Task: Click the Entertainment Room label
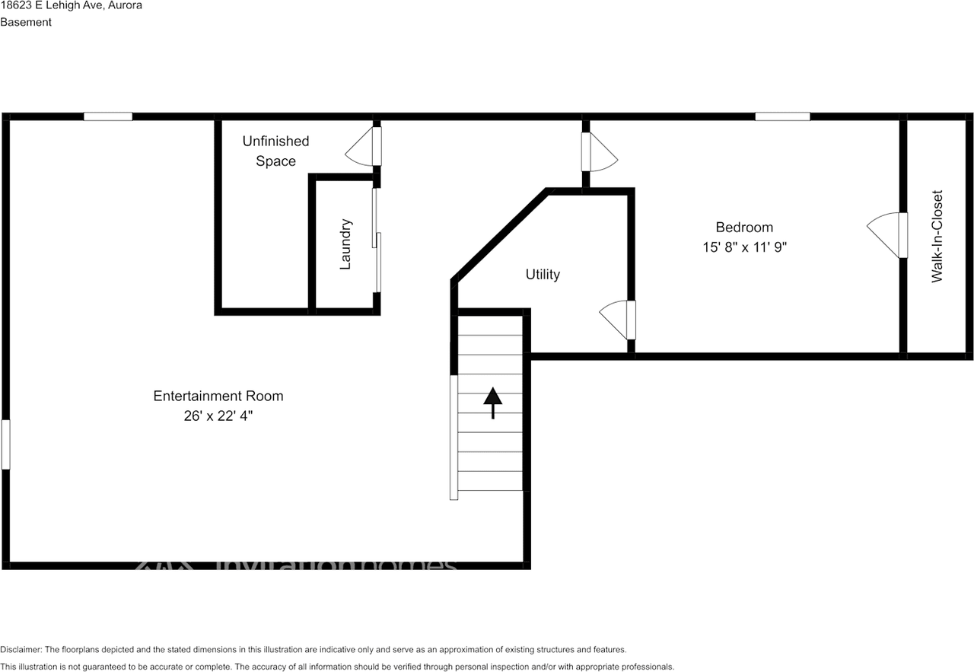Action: click(218, 396)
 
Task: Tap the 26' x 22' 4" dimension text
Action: click(218, 416)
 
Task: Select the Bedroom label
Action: click(743, 227)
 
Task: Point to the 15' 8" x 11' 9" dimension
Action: click(743, 247)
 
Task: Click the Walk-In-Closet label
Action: click(937, 236)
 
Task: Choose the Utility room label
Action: click(543, 274)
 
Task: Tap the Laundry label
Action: click(345, 244)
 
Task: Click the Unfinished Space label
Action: click(275, 151)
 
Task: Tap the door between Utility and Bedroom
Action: click(616, 320)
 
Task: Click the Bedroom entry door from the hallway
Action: click(598, 153)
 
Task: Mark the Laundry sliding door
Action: click(376, 240)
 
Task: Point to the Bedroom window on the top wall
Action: click(782, 116)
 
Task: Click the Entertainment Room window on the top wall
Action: click(108, 116)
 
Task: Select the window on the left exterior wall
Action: click(6, 444)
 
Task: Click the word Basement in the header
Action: click(26, 22)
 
